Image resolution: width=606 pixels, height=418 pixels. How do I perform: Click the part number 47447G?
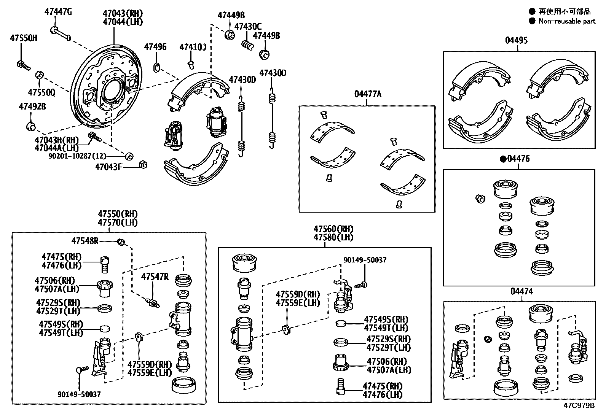(x=58, y=12)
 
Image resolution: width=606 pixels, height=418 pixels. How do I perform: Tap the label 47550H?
(x=24, y=38)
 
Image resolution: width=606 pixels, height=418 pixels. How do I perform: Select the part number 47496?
(x=155, y=47)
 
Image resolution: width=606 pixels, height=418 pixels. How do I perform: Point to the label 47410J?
(x=193, y=47)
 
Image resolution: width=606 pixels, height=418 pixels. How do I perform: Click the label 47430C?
(x=248, y=27)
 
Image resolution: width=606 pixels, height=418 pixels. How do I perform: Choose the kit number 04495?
(x=516, y=40)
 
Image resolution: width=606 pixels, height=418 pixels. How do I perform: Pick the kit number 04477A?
(x=367, y=94)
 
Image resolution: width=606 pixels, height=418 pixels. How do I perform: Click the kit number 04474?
(x=521, y=291)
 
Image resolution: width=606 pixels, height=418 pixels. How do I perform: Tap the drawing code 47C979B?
(x=579, y=405)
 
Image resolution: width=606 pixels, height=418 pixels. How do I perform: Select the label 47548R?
(x=85, y=241)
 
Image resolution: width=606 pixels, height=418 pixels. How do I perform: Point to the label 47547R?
(x=155, y=277)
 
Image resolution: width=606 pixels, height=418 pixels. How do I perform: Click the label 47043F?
(x=108, y=167)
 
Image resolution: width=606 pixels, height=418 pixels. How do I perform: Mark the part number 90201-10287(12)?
(x=77, y=156)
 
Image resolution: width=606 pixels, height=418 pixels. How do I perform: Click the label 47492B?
(x=32, y=106)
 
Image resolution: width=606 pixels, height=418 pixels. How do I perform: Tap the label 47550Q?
(x=41, y=92)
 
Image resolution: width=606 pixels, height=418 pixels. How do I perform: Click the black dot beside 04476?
(x=502, y=159)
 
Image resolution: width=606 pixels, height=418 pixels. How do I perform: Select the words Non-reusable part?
(x=567, y=21)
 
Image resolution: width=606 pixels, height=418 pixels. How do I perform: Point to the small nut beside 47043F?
(x=144, y=165)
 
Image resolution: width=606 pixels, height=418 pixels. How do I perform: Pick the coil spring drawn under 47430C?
(x=248, y=45)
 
